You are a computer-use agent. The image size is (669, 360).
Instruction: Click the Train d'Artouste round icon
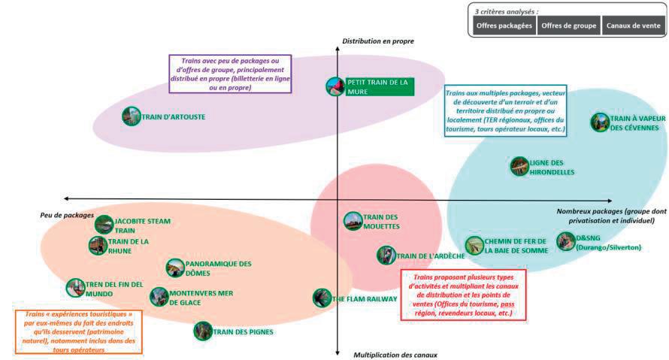[131, 116]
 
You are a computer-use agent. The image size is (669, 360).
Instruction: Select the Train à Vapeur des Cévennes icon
[599, 123]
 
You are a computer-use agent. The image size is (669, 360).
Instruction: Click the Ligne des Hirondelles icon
[519, 166]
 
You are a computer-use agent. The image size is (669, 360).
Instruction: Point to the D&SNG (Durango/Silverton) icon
[566, 241]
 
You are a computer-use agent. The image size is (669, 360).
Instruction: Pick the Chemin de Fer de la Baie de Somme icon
[474, 245]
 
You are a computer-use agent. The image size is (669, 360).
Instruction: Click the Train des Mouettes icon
[353, 221]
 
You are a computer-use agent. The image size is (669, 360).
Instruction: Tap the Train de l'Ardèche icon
[386, 256]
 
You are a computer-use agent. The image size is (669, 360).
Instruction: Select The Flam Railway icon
[322, 298]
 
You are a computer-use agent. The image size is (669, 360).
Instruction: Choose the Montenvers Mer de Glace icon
[159, 297]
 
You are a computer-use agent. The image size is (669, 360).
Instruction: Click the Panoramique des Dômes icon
[174, 268]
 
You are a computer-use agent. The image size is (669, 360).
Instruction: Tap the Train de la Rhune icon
[98, 246]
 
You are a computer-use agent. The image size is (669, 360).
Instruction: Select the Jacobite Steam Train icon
[104, 225]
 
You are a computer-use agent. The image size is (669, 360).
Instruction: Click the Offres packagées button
[504, 26]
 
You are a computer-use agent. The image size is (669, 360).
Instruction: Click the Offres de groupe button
[568, 26]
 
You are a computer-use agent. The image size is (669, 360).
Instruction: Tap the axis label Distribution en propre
[378, 41]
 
